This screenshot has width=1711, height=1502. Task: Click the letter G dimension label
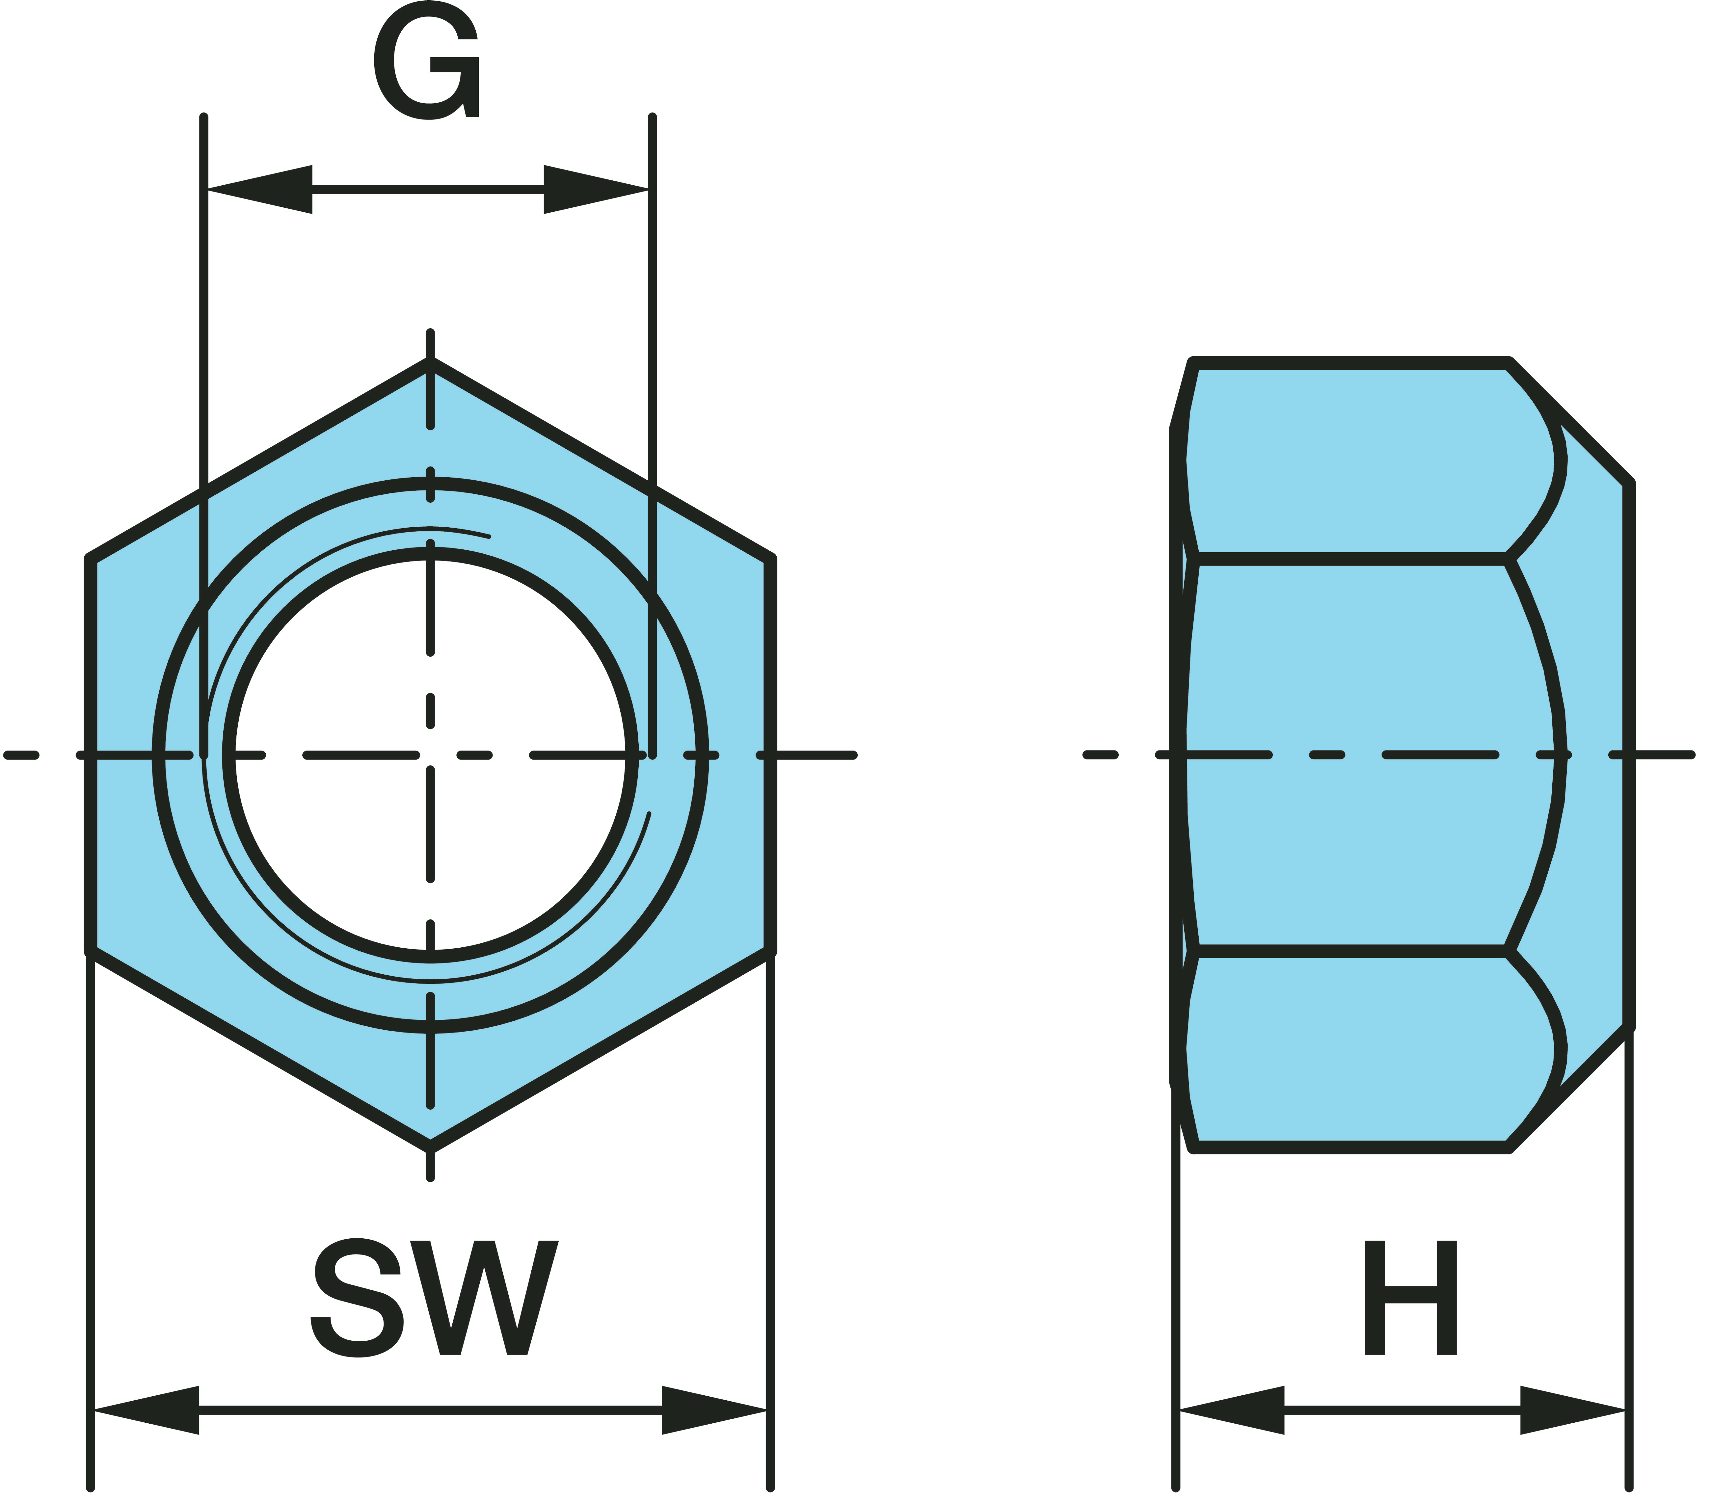(427, 60)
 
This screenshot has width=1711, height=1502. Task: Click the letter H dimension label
(1410, 1298)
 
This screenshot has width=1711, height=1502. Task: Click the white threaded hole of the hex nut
(352, 669)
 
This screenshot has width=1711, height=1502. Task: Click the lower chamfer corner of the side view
(1628, 1026)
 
